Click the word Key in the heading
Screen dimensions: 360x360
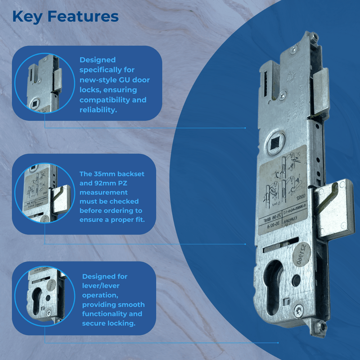pyautogui.click(x=28, y=17)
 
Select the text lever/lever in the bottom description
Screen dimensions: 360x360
pyautogui.click(x=99, y=286)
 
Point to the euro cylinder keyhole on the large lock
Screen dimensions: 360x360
pyautogui.click(x=274, y=288)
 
